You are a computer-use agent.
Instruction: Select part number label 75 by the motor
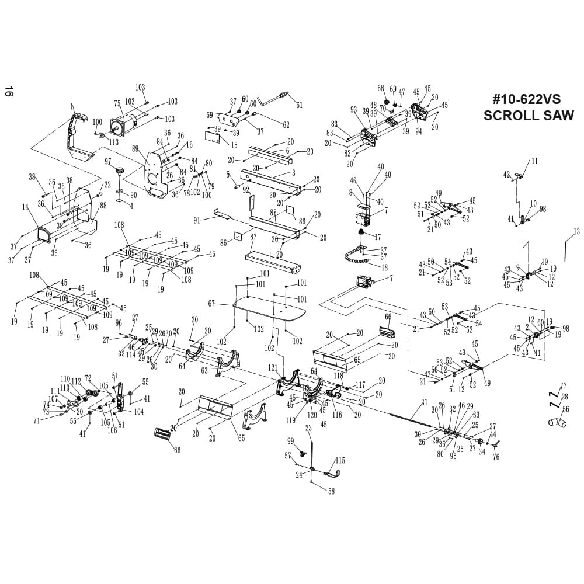pyautogui.click(x=117, y=104)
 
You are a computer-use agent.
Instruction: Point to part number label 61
pyautogui.click(x=300, y=105)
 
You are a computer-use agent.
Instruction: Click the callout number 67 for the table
pyautogui.click(x=211, y=303)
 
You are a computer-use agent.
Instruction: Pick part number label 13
pyautogui.click(x=576, y=232)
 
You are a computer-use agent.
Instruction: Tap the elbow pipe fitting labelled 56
pyautogui.click(x=557, y=422)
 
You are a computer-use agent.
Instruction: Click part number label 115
pyautogui.click(x=340, y=461)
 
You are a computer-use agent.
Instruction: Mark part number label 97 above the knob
pyautogui.click(x=108, y=161)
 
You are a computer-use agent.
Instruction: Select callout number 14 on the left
pyautogui.click(x=25, y=207)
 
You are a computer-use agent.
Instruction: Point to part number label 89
pyautogui.click(x=135, y=148)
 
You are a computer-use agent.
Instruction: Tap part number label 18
pyautogui.click(x=384, y=267)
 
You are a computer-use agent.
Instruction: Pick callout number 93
pyautogui.click(x=353, y=109)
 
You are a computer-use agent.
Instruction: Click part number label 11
pyautogui.click(x=534, y=161)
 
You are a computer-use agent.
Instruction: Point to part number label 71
pyautogui.click(x=36, y=420)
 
